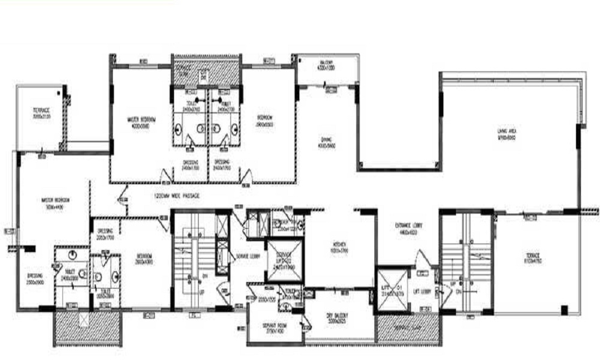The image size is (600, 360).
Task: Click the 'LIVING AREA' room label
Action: [x=506, y=134]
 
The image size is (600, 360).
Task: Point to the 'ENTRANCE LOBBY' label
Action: [x=410, y=229]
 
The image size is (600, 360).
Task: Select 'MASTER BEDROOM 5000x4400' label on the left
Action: [x=56, y=202]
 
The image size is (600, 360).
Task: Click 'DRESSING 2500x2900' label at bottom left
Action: [x=36, y=278]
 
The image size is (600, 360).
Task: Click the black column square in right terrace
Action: [x=564, y=310]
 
